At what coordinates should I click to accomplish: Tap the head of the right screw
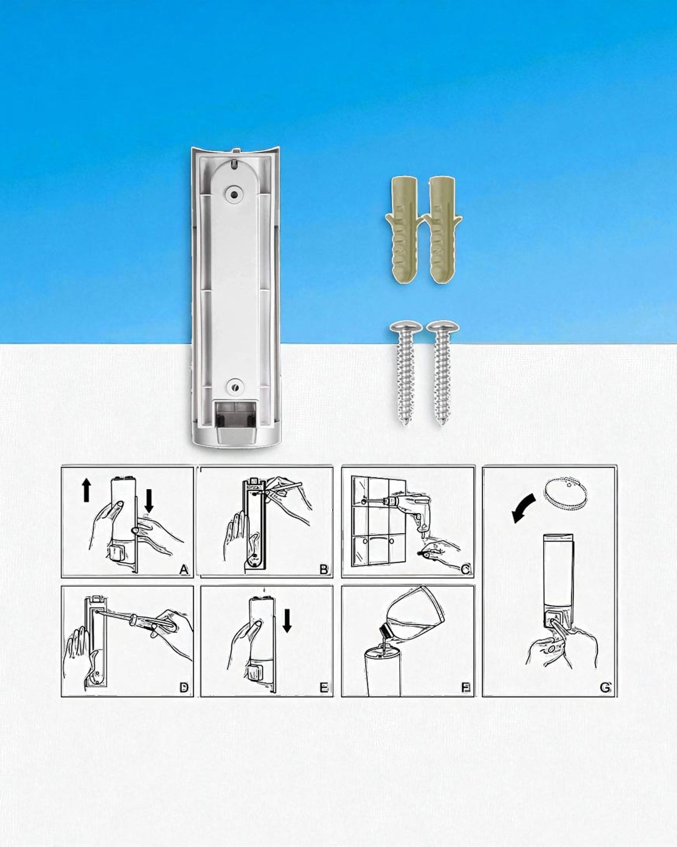coord(440,328)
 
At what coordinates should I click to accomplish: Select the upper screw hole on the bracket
coord(233,194)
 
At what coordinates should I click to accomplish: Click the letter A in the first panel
coord(184,570)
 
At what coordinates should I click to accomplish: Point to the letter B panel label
coord(324,570)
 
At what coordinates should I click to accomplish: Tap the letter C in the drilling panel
coord(465,570)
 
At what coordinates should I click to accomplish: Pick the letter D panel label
coord(184,688)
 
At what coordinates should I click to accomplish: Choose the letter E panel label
coord(324,688)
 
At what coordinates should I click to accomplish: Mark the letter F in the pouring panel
coord(465,688)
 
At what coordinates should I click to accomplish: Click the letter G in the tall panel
coord(605,688)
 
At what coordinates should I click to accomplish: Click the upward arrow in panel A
coord(86,490)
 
